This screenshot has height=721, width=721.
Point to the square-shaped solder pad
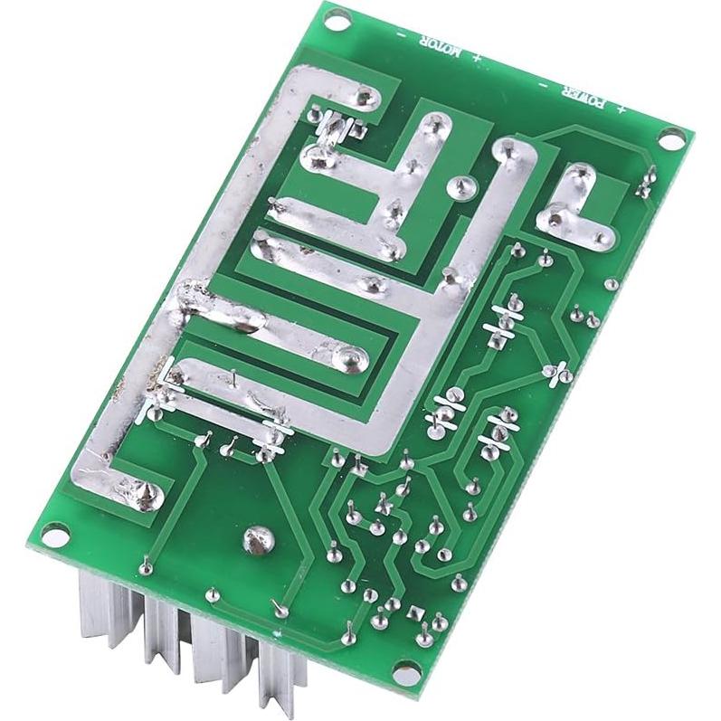[x=415, y=612]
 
